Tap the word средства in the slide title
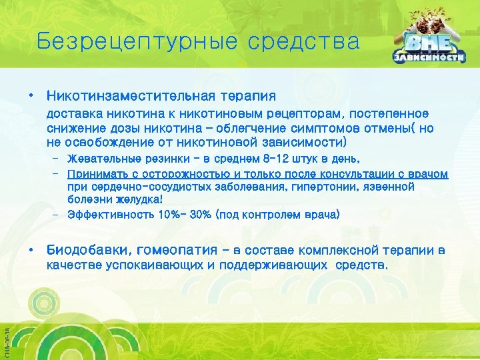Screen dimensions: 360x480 303,42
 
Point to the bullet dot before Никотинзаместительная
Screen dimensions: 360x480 31,97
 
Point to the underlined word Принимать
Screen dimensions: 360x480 95,173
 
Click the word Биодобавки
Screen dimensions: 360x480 87,251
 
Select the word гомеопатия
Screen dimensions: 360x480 177,251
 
